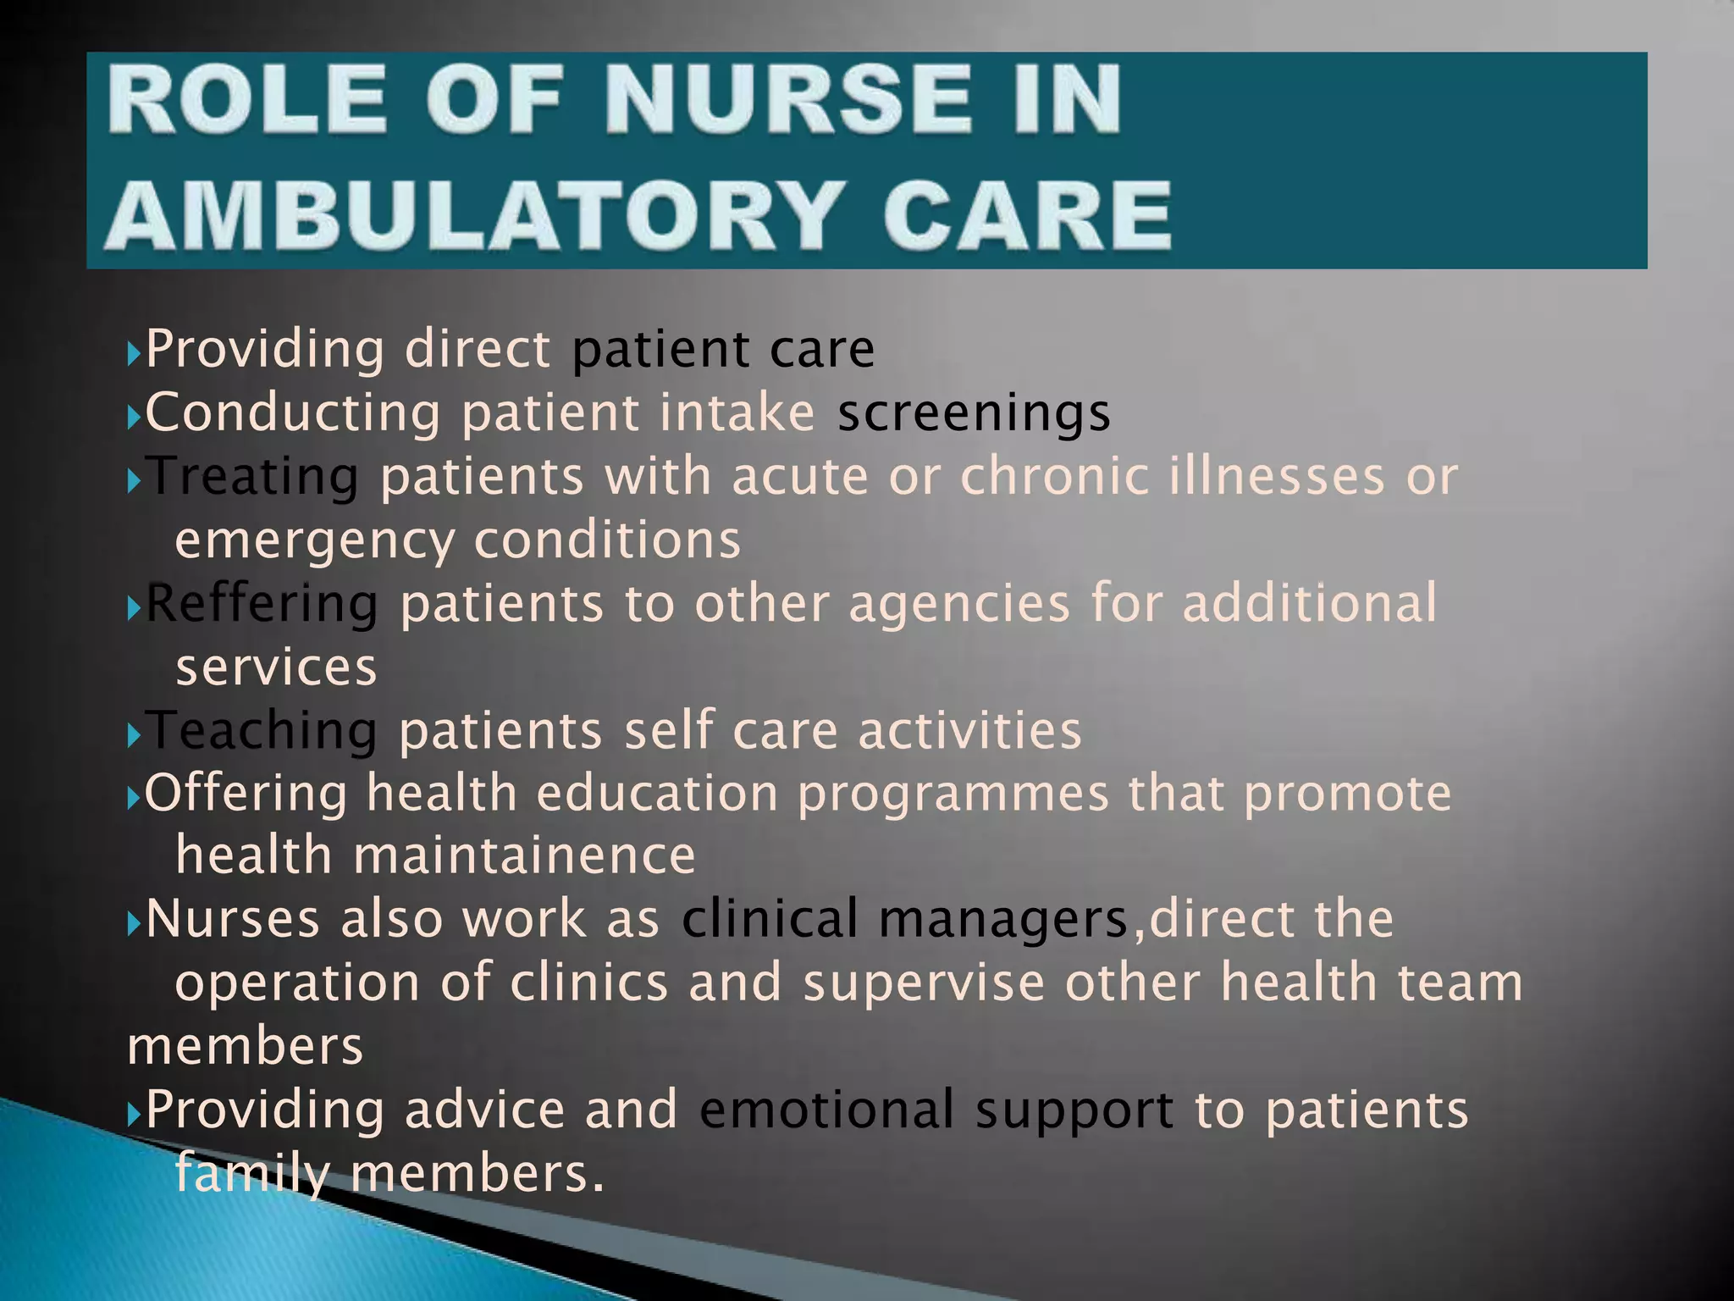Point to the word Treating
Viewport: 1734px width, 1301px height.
click(252, 477)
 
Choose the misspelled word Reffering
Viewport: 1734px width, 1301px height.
click(262, 604)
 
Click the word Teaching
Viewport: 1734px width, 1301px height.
click(262, 730)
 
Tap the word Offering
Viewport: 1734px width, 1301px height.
click(246, 794)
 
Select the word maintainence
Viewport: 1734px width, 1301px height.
click(524, 855)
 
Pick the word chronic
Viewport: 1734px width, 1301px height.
click(1054, 477)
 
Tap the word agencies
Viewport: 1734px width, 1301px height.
click(959, 604)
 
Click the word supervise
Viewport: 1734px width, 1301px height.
click(924, 983)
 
